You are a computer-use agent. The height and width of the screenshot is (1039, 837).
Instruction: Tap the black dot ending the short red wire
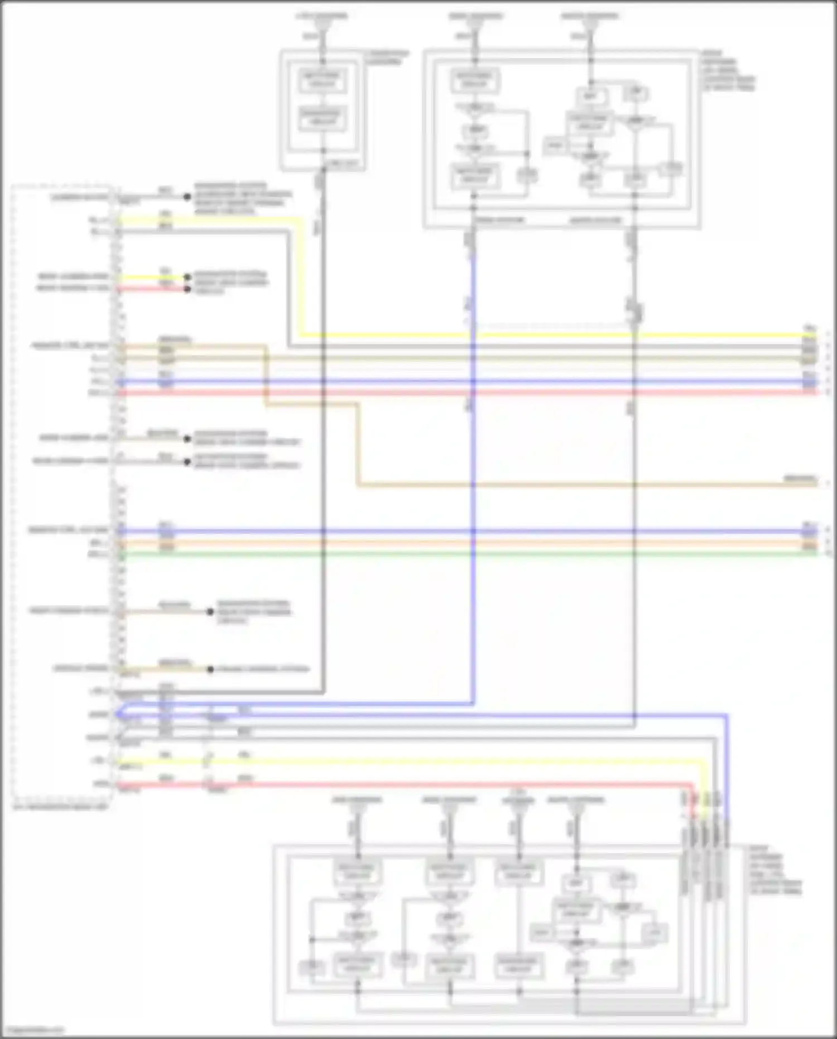pyautogui.click(x=187, y=289)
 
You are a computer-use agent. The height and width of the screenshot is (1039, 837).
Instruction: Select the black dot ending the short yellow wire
pyautogui.click(x=187, y=277)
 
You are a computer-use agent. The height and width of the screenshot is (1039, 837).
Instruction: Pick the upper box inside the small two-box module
pyautogui.click(x=321, y=80)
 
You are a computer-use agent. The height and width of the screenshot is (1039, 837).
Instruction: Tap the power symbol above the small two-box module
pyautogui.click(x=321, y=26)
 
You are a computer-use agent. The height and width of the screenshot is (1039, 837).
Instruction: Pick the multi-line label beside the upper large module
pyautogui.click(x=728, y=70)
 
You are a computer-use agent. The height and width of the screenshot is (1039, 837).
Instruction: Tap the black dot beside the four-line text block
pyautogui.click(x=187, y=197)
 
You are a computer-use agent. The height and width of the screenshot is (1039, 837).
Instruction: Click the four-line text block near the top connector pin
pyautogui.click(x=242, y=198)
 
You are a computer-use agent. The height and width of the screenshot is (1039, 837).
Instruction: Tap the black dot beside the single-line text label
pyautogui.click(x=210, y=669)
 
